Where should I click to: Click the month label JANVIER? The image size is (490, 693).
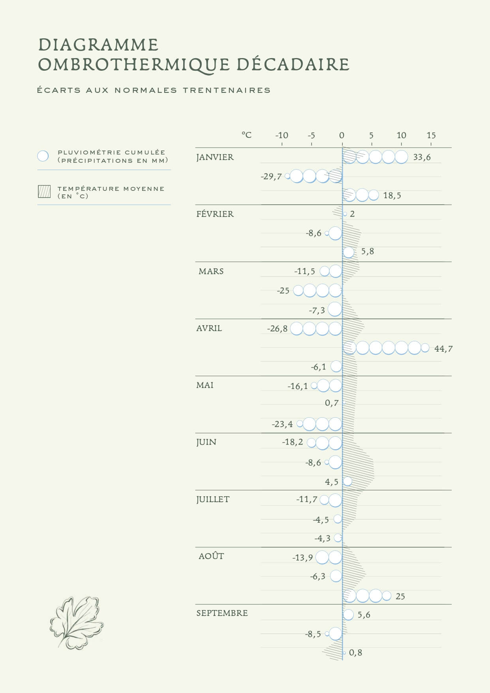coord(215,157)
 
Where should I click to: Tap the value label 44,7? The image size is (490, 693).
coord(443,349)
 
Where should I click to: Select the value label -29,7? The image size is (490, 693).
coord(271,177)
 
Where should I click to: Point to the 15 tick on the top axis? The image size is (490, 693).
coord(431,136)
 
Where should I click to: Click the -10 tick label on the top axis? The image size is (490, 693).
coord(282,136)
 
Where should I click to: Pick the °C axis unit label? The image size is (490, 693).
coord(246,135)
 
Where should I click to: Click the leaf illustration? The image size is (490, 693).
coord(77,623)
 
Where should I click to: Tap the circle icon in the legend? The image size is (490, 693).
coord(43,156)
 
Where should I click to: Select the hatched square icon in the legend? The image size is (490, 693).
coord(44,192)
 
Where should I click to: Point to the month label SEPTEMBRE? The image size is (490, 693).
coord(222,613)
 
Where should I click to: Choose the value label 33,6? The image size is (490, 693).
coord(422,157)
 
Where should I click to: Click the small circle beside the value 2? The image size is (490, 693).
coord(345,214)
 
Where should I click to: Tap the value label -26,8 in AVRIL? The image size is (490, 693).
coord(277,329)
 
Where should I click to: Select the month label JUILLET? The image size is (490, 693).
coord(213,499)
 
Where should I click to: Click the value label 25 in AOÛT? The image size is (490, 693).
coord(400,597)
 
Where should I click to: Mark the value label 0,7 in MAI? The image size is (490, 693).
coord(332,403)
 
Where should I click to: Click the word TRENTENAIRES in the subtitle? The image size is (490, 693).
coord(227,90)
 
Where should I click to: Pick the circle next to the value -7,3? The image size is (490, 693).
coord(335,309)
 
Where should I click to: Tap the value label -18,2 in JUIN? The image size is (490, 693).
coord(292,442)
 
